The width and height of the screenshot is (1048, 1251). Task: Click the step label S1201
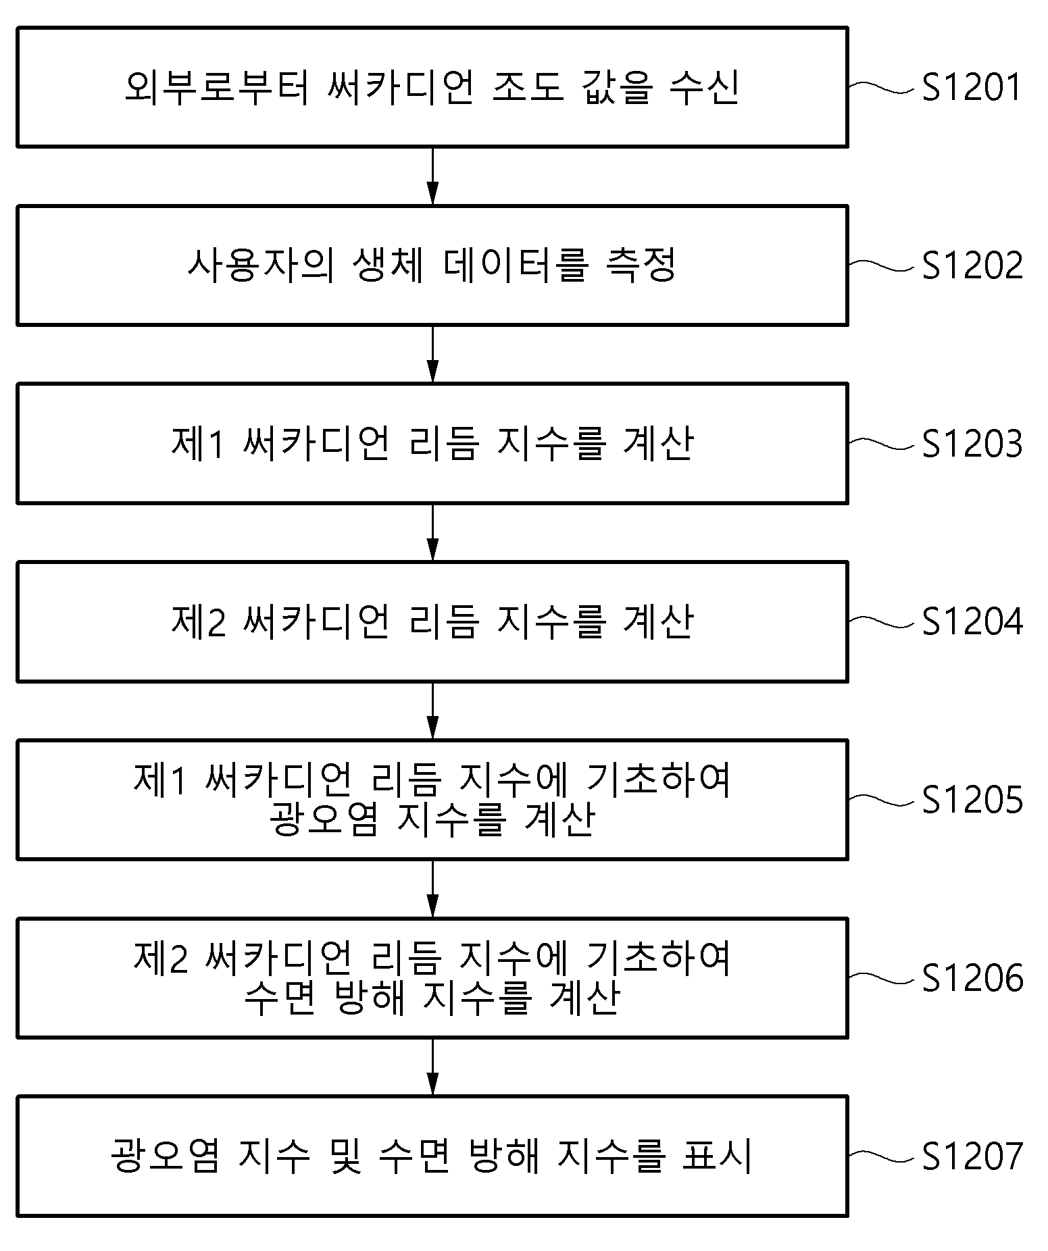tap(972, 87)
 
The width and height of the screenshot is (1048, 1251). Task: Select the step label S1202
tap(972, 265)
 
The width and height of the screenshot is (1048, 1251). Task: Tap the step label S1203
tap(972, 444)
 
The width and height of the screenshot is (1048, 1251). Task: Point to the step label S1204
tap(972, 622)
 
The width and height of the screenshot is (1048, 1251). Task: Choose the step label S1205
tap(972, 800)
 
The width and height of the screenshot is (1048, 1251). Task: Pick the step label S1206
tap(972, 978)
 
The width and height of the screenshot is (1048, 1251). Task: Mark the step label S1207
tap(972, 1156)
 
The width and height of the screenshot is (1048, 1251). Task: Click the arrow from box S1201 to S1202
tap(432, 176)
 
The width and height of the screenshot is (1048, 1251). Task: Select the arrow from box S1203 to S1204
tap(432, 532)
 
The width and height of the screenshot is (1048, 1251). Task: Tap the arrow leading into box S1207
tap(432, 1067)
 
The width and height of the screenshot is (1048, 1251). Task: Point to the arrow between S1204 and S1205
tap(432, 711)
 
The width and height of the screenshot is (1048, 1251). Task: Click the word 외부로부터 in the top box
tap(217, 87)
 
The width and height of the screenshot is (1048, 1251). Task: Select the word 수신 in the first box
tap(705, 87)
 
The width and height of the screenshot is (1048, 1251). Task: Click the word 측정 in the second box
tap(641, 265)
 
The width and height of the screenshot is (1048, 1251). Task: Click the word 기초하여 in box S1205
tap(659, 780)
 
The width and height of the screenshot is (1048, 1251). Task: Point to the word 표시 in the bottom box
tap(717, 1156)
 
